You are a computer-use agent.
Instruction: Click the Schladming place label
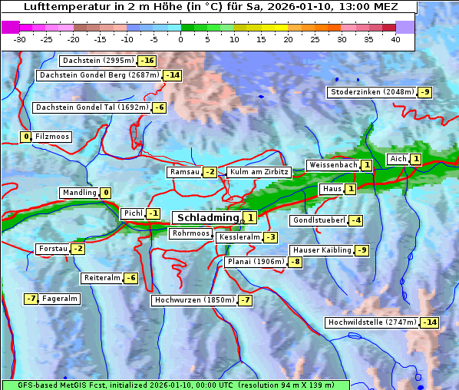point(208,218)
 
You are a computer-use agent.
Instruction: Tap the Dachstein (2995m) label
point(97,61)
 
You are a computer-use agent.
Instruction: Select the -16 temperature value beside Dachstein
point(147,61)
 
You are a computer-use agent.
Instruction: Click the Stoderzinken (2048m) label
point(371,92)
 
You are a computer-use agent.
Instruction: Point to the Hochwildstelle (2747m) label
point(371,322)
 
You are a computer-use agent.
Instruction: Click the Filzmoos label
point(51,137)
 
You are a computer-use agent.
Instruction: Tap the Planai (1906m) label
point(256,262)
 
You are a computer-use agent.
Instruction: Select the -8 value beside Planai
point(295,262)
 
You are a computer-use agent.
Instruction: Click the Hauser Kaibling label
point(321,250)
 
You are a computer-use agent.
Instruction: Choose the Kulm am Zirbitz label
point(259,172)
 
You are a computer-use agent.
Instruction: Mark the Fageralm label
point(59,299)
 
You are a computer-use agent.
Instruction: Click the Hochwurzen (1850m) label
point(193,300)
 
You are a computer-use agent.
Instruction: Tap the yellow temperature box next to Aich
point(415,159)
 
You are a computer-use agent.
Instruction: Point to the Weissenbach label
point(332,165)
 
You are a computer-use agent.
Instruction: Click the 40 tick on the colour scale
point(395,39)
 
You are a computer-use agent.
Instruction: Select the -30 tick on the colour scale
point(20,39)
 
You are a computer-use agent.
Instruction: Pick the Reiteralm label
point(102,278)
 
